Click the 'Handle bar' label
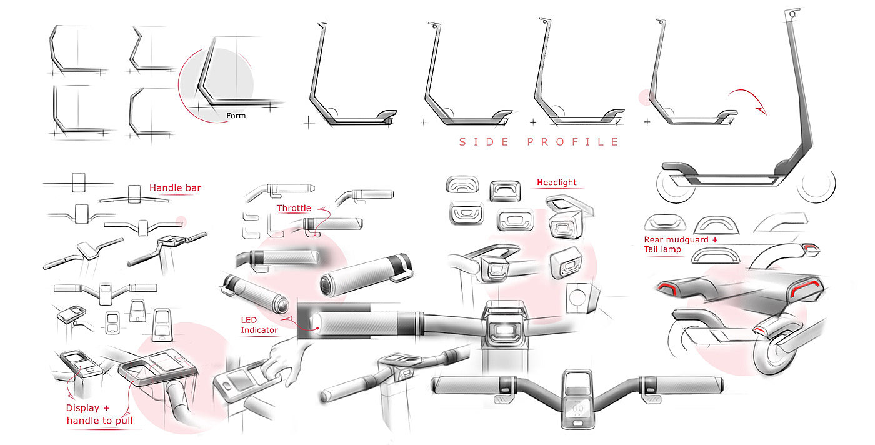coord(175,187)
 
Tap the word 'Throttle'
coord(294,208)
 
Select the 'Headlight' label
coord(557,182)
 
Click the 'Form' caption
coord(236,116)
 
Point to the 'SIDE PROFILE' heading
coord(539,142)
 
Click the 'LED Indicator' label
coord(259,325)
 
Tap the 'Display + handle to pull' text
coord(99,414)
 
